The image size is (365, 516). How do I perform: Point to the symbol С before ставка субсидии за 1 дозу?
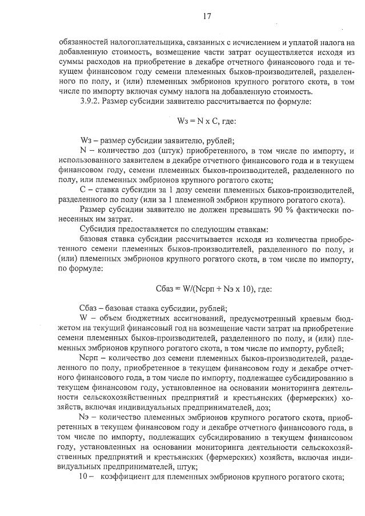[83, 189]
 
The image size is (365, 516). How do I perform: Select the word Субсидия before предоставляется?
[99, 228]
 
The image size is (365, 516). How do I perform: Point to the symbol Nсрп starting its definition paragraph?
[91, 357]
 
